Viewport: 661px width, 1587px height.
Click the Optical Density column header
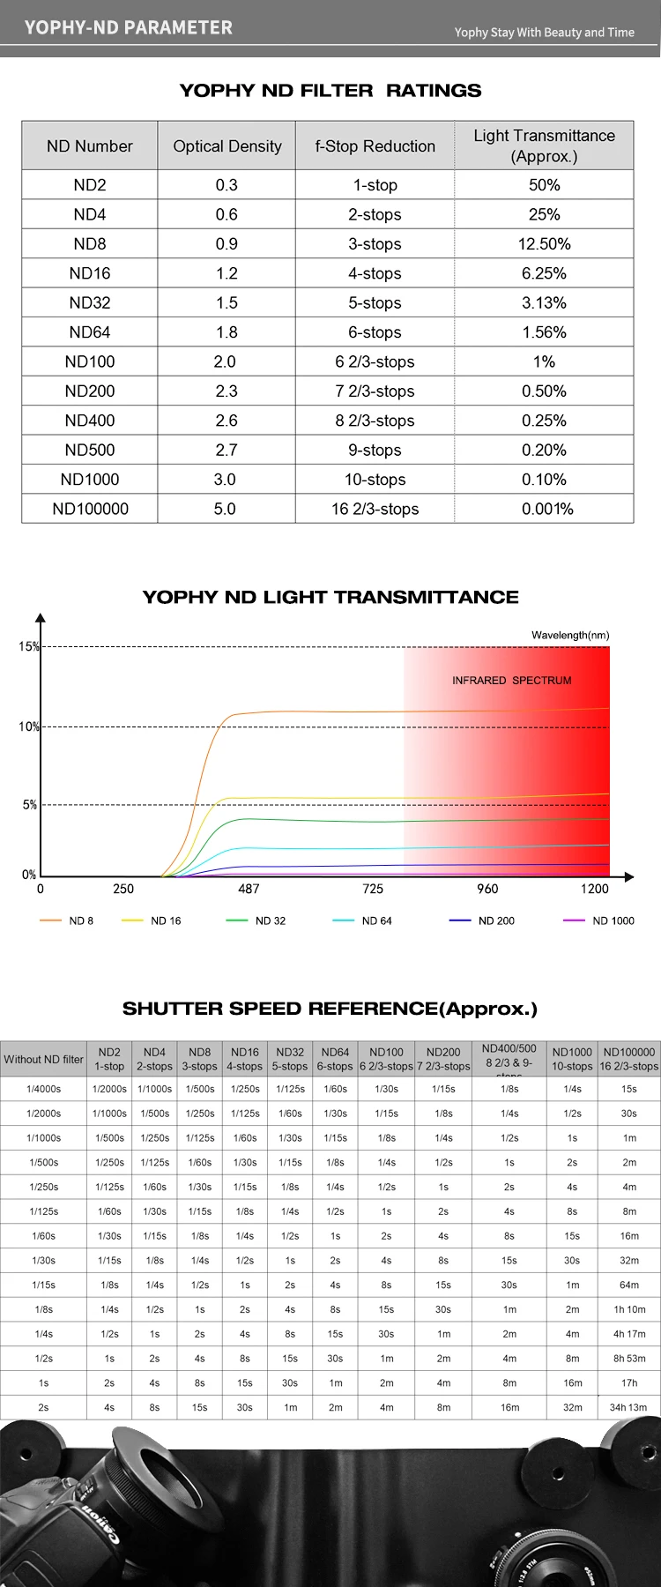point(227,146)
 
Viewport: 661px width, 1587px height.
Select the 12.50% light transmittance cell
point(544,244)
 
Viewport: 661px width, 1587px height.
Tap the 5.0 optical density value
point(225,509)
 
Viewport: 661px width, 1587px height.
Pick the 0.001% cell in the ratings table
point(547,509)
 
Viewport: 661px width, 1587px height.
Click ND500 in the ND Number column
point(90,450)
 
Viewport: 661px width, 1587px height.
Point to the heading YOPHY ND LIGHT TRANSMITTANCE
point(330,597)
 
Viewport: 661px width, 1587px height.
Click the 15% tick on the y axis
point(29,646)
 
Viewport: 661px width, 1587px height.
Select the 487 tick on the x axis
point(249,889)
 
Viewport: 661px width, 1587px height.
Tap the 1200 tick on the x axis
point(594,889)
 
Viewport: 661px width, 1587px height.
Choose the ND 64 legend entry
point(376,920)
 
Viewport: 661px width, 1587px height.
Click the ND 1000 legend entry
point(613,920)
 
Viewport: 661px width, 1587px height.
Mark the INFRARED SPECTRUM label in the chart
point(511,681)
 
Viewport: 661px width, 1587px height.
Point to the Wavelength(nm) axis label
point(570,635)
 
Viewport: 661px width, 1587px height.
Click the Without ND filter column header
point(43,1060)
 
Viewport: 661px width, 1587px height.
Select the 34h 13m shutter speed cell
point(628,1408)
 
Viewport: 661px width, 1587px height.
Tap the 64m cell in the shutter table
point(629,1285)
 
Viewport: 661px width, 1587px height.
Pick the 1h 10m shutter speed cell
point(629,1309)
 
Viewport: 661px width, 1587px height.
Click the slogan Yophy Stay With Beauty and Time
point(544,33)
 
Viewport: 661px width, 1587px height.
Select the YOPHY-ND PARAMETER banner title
point(129,27)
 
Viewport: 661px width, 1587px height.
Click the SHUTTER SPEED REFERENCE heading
point(330,1009)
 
